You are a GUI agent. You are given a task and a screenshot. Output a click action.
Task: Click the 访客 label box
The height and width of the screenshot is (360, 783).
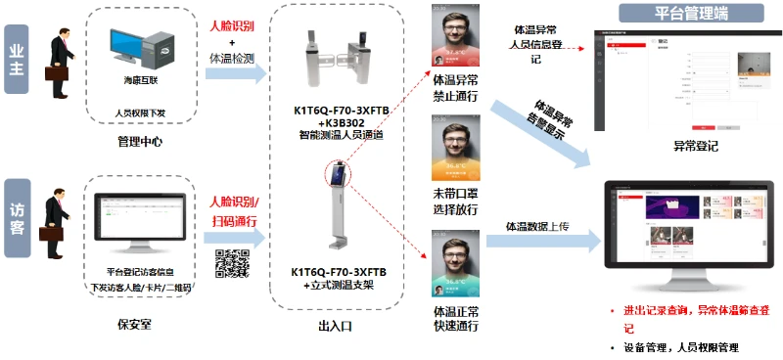tap(16, 218)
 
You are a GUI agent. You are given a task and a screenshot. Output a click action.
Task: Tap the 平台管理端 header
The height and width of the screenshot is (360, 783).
tap(693, 14)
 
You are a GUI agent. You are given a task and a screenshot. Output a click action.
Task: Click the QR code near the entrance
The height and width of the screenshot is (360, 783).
tap(230, 263)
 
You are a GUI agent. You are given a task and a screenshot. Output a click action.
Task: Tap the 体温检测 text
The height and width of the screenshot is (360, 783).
tap(231, 60)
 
